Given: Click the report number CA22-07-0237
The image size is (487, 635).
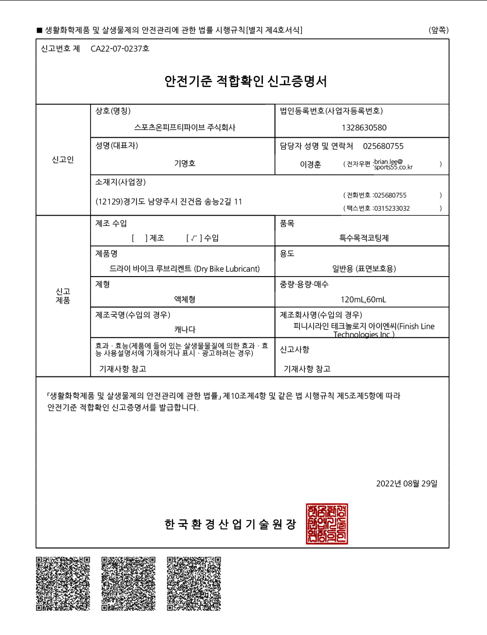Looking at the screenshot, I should pos(119,49).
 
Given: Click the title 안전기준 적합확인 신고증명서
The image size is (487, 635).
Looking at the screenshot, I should pos(245,81).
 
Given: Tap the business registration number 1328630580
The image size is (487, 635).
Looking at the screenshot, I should pos(364,128).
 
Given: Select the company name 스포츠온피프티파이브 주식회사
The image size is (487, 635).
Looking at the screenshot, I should pos(185,128).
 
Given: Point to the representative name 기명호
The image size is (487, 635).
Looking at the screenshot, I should pos(185,164).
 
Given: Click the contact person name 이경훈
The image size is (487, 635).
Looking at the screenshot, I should pos(310,165).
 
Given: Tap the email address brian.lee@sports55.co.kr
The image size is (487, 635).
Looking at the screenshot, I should pos(393,165).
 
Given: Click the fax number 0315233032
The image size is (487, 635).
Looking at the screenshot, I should pos(392,208).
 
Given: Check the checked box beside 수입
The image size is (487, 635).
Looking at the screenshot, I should pos(194,238).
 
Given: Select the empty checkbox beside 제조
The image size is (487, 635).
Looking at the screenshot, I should pos(139,238).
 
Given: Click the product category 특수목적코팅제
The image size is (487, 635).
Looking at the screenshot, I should pos(364,238).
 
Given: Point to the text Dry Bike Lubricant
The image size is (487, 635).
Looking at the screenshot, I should pos(227,269).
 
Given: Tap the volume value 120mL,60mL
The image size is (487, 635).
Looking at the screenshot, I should pos(363,299).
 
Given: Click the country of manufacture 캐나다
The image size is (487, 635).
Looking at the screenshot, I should pos(185,330).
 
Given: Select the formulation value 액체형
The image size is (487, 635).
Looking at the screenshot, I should pos(185,299).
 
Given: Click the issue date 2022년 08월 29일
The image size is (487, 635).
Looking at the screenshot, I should pos(407,484).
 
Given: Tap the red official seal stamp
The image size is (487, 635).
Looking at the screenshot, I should pos(327,524).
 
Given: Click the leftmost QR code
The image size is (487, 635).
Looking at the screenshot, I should pos(63,583).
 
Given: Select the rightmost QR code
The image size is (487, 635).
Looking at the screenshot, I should pos(194,583).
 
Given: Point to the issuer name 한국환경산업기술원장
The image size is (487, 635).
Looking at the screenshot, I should pos(230,524).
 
